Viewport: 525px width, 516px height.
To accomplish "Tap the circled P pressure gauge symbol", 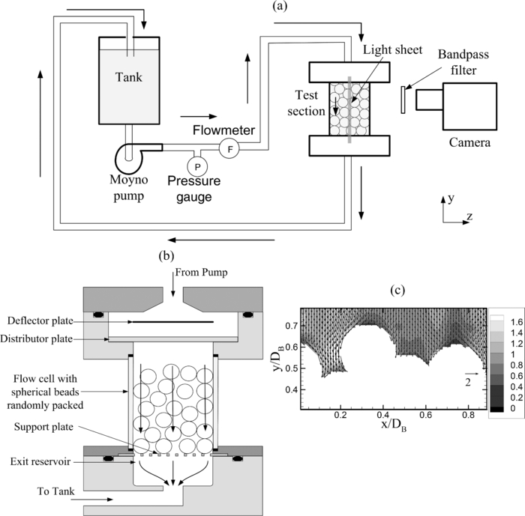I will pyautogui.click(x=197, y=165).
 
